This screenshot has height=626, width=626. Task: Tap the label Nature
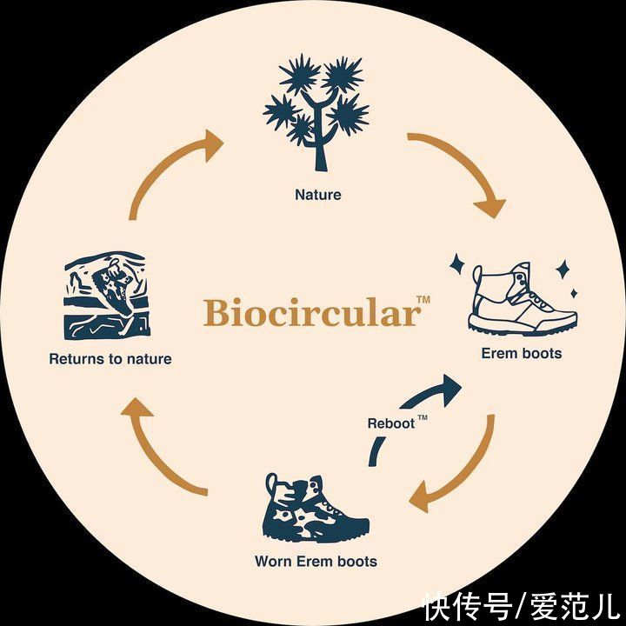(318, 195)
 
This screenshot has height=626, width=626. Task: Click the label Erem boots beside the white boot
(522, 353)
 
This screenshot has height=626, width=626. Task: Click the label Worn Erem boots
(316, 561)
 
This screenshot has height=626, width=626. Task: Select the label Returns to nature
(110, 358)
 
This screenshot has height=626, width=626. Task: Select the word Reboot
(391, 424)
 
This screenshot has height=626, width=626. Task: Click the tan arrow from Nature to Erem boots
(461, 170)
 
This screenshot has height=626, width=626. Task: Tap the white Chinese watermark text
(520, 603)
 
